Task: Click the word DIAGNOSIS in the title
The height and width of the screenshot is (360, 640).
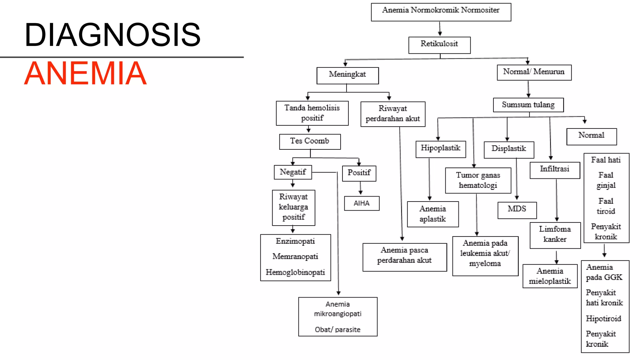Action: click(112, 35)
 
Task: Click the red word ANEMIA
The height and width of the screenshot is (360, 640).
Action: click(85, 73)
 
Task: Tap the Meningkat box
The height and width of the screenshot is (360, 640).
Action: click(347, 75)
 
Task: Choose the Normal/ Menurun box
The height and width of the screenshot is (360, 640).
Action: click(534, 72)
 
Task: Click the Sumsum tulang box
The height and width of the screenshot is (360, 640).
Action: click(528, 105)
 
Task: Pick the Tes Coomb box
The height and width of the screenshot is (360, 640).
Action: click(310, 142)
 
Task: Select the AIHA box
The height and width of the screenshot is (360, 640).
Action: click(362, 203)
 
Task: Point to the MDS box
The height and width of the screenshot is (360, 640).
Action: click(517, 210)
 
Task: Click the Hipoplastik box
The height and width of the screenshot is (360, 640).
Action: click(441, 149)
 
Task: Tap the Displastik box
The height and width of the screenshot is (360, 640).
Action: click(509, 149)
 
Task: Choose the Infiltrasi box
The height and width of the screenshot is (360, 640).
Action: click(555, 170)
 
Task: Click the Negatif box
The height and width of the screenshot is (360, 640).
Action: click(293, 172)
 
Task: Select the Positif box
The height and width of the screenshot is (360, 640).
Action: click(359, 173)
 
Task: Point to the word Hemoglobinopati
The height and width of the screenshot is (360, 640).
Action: click(295, 272)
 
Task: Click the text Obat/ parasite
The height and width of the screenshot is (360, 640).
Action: click(337, 330)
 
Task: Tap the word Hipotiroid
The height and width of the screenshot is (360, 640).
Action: click(603, 319)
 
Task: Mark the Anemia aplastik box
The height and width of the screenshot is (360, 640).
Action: click(433, 214)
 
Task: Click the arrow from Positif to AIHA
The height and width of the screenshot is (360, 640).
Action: click(361, 188)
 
